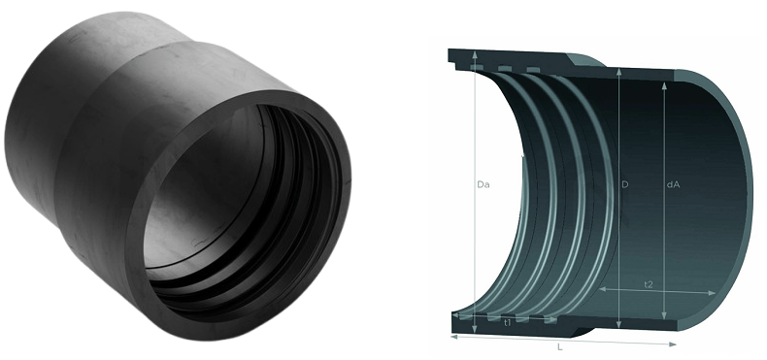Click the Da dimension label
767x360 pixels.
click(x=484, y=185)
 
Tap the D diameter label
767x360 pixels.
click(x=624, y=185)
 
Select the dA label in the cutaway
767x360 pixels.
click(x=673, y=185)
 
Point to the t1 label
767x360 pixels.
click(x=507, y=323)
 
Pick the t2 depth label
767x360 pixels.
click(x=649, y=284)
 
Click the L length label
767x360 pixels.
click(x=560, y=347)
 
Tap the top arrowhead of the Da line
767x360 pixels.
click(x=475, y=54)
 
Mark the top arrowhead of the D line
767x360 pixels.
click(x=619, y=73)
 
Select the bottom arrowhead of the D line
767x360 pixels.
click(x=619, y=324)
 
